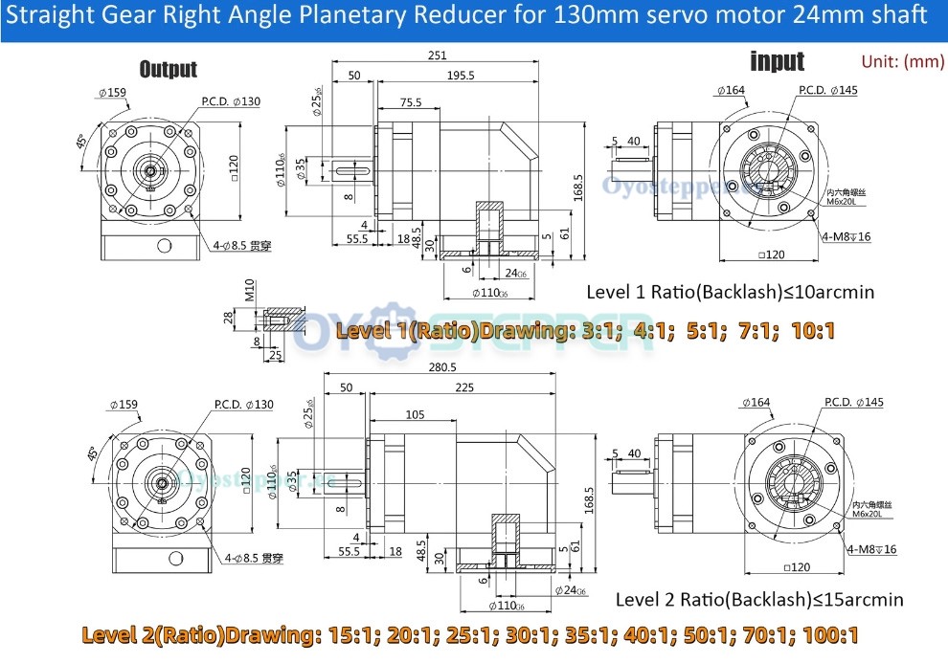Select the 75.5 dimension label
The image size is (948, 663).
coord(411,101)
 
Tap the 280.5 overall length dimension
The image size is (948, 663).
coord(441,366)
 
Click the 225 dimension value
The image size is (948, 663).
coord(464,388)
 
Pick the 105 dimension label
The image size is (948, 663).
coord(415,414)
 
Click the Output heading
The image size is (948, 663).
coord(168,69)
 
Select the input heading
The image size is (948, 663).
coord(777,62)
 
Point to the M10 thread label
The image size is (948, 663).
coord(248,289)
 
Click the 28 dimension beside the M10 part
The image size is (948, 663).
coord(228,317)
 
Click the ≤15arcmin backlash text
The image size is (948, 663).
coord(850,600)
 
